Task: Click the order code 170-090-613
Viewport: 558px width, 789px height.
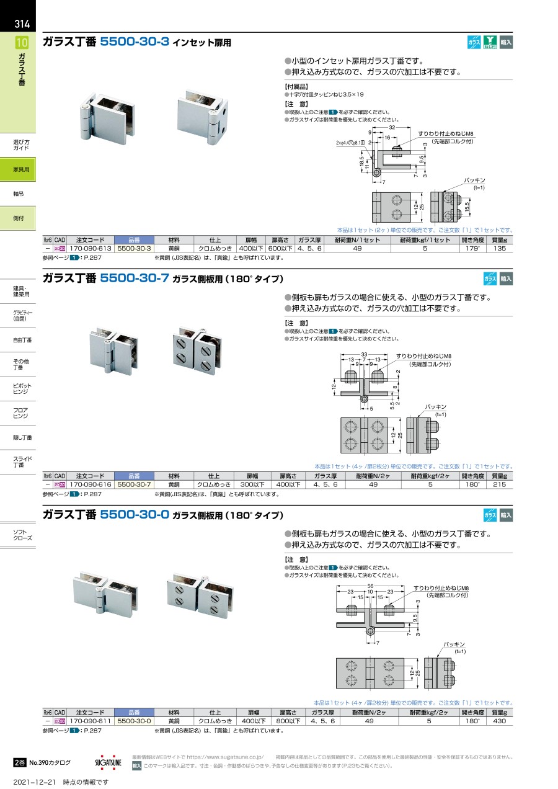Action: coord(91,248)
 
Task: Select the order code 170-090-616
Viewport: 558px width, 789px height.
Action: coord(91,484)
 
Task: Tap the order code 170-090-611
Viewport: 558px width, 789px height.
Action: coord(91,721)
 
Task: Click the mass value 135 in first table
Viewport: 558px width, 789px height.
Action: coord(500,248)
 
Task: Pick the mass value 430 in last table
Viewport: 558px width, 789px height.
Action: coord(500,721)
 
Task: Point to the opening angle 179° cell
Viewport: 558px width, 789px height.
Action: coord(471,248)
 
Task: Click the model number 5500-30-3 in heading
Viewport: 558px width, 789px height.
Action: coord(135,43)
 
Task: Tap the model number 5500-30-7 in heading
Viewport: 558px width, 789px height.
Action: coord(135,279)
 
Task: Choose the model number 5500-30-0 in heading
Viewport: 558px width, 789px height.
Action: coord(135,515)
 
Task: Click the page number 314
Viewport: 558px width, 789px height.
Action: coord(22,24)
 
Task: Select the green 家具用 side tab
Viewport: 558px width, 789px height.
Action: coord(21,169)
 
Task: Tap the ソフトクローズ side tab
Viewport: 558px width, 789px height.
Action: coord(22,535)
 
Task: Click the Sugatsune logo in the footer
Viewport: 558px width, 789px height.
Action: coord(109,762)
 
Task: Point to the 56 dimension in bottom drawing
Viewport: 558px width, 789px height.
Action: coord(370,586)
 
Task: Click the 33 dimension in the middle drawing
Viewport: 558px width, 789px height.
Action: coord(364,354)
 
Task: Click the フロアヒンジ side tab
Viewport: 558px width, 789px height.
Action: coord(22,413)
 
